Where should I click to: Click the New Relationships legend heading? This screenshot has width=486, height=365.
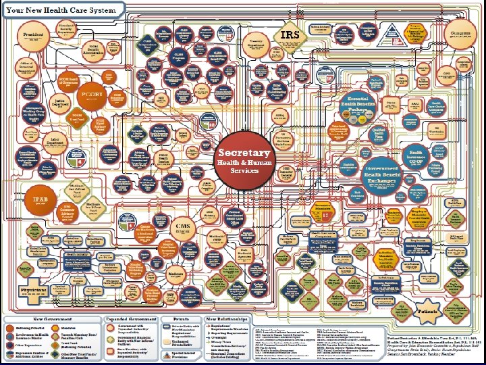229,318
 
